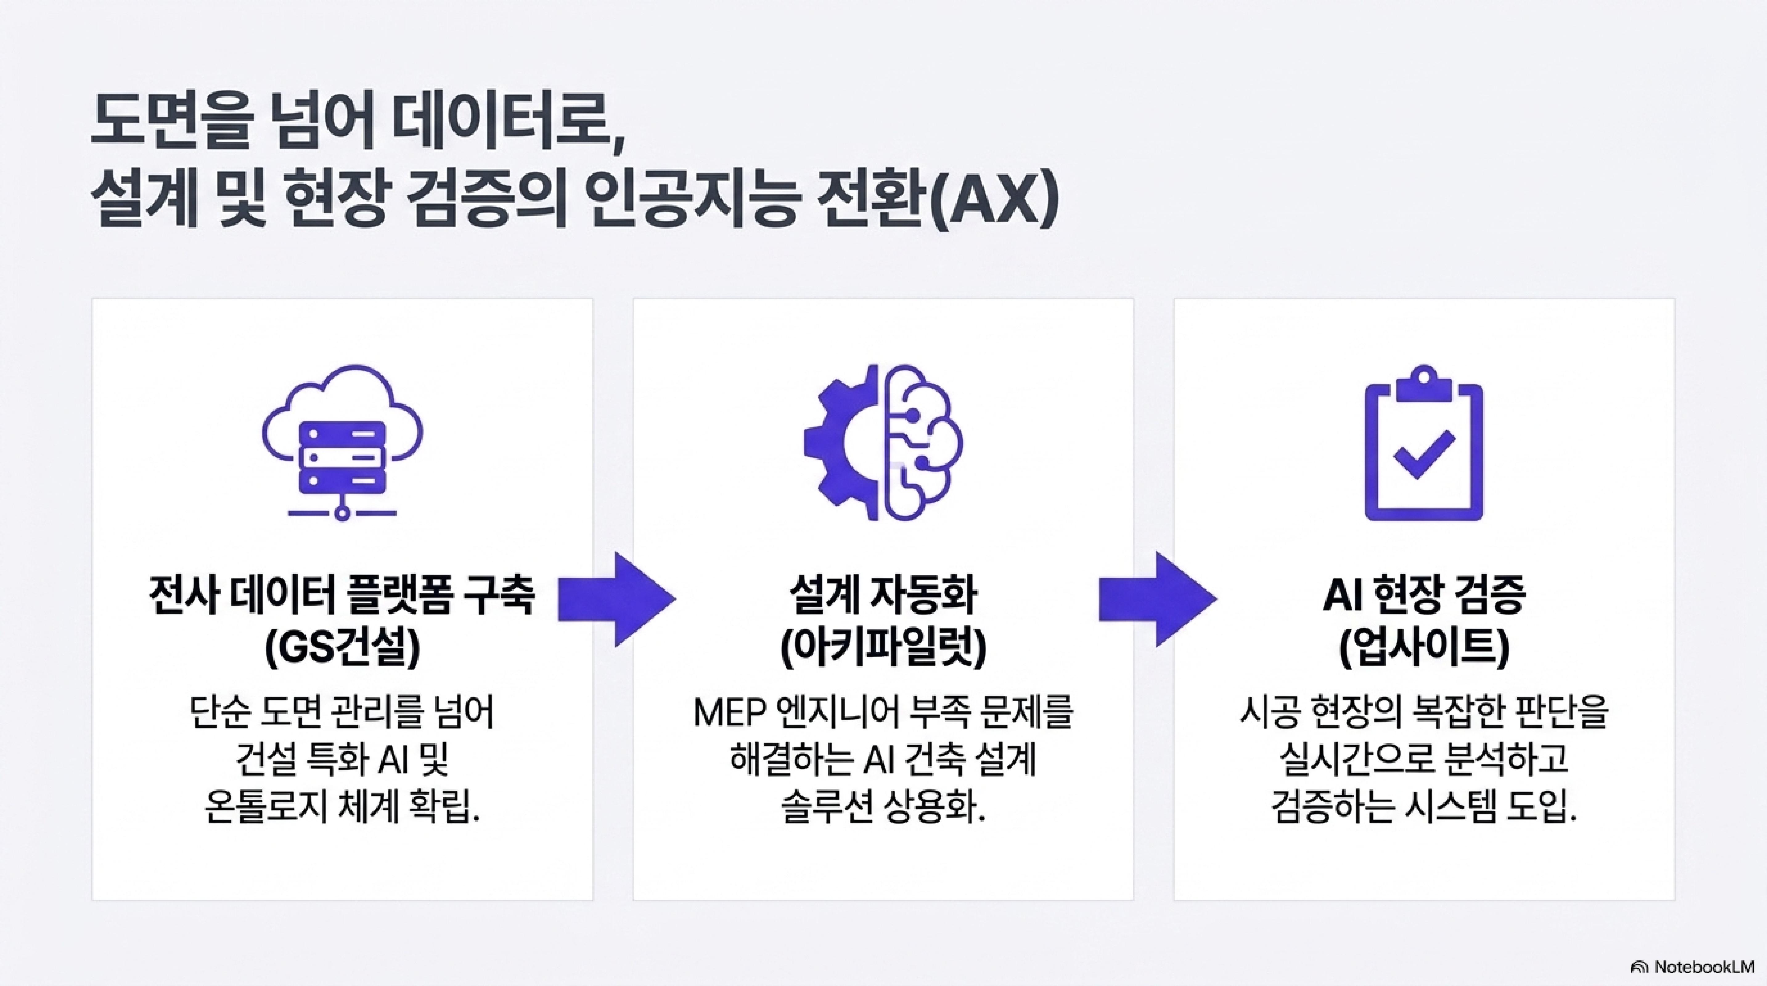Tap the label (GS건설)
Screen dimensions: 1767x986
point(342,649)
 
